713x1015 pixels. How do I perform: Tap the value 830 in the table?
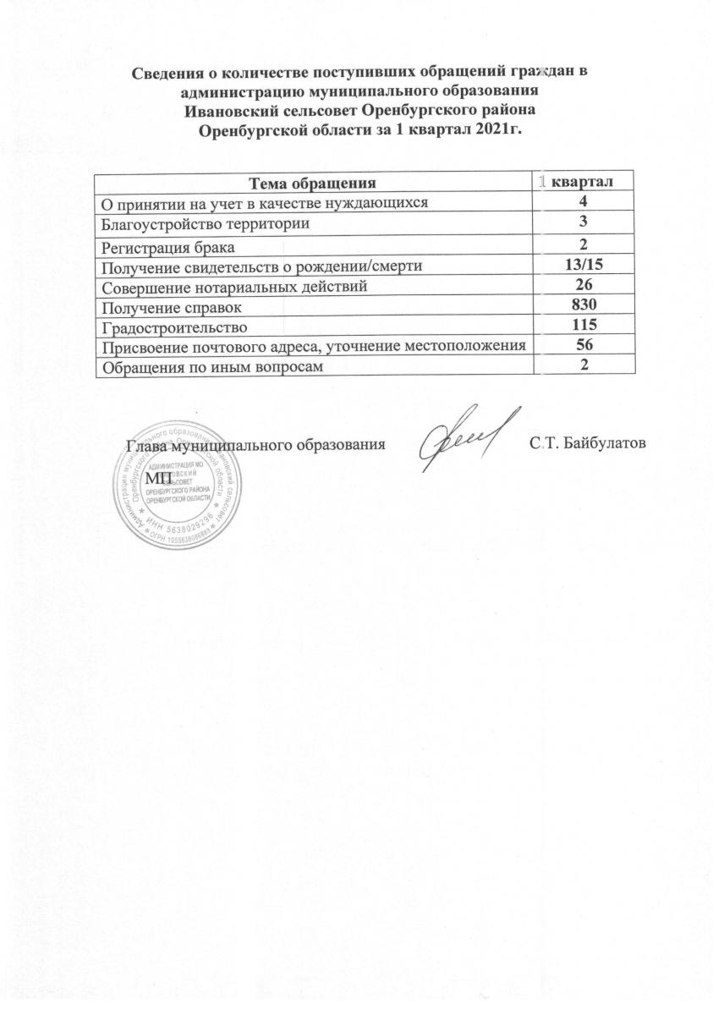click(585, 305)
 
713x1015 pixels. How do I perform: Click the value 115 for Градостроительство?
click(585, 325)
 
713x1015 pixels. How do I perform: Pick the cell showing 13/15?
click(585, 266)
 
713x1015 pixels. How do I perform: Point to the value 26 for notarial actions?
click(585, 285)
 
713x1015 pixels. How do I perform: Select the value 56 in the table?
click(585, 345)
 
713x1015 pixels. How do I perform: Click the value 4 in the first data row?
click(585, 202)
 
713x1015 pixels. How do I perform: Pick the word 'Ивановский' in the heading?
click(235, 111)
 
